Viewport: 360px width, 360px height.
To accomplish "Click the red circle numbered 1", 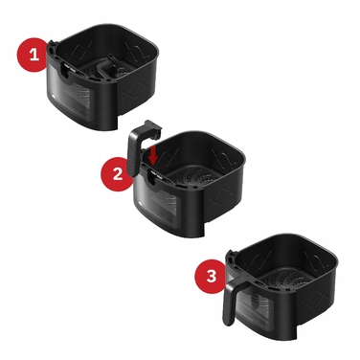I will (x=36, y=56).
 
